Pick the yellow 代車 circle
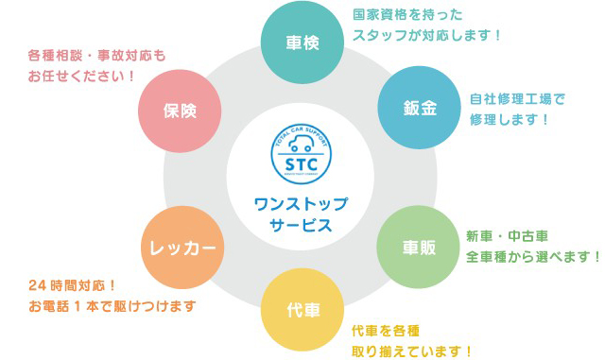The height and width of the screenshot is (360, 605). click(302, 310)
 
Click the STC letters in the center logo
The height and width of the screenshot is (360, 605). click(302, 169)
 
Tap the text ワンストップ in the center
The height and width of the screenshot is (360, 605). click(302, 204)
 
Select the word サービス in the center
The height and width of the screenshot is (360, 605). click(302, 226)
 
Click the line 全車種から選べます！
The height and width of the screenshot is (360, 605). click(533, 257)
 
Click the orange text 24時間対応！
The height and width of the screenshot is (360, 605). click(72, 285)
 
